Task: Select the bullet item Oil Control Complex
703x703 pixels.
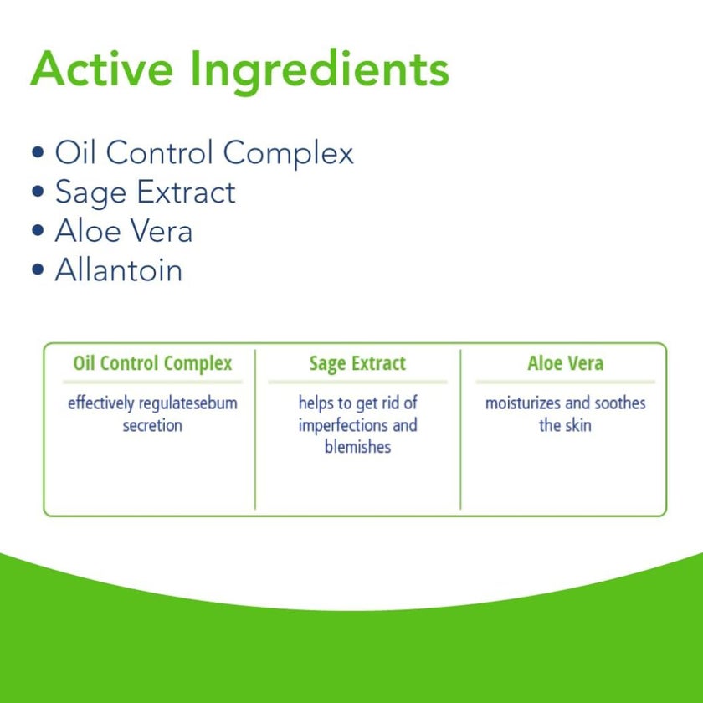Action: coord(204,153)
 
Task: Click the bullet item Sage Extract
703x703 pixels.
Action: coord(145,192)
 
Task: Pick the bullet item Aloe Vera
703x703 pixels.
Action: coord(124,231)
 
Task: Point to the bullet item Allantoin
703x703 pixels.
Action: coord(118,270)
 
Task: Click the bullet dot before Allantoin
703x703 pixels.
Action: coord(37,270)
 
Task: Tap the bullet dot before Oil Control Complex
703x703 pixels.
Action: coord(37,153)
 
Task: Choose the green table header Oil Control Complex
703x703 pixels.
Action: coord(152,364)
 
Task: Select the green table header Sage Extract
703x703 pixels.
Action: coord(357,364)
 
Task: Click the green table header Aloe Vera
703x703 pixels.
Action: coord(565,364)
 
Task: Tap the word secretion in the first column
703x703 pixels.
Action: coord(152,425)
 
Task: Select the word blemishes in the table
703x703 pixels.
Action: coord(357,447)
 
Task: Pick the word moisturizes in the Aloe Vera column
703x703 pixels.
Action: coord(523,403)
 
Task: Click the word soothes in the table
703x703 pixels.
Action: coord(620,403)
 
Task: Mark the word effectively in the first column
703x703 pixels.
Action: coord(100,403)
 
